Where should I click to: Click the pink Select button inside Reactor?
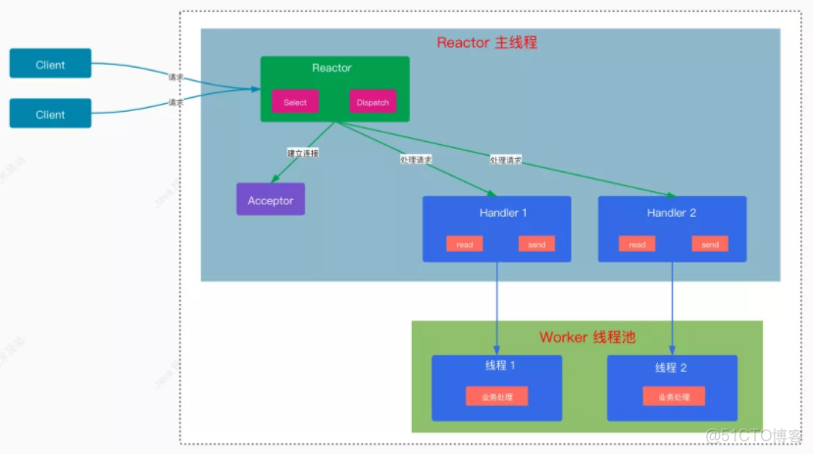[295, 102]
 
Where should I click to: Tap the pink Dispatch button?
[373, 102]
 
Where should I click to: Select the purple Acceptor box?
[270, 200]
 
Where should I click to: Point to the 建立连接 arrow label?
[303, 154]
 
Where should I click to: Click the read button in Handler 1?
[464, 244]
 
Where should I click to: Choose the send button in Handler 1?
[536, 244]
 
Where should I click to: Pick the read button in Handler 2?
[637, 244]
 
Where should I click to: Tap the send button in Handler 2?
[710, 244]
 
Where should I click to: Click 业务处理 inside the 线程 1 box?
[496, 396]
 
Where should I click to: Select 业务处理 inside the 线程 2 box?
[673, 397]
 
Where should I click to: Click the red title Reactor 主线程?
[486, 43]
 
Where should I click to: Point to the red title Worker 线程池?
[586, 337]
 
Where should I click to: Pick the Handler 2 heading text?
[673, 213]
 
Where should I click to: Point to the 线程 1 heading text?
[496, 366]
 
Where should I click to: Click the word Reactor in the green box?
[331, 68]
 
